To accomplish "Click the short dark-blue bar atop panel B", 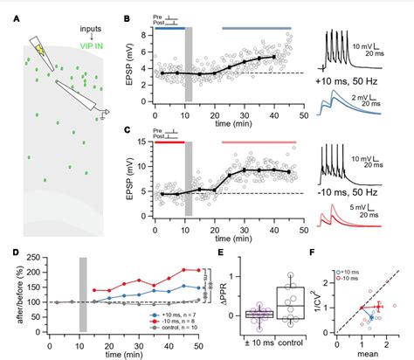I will [x=169, y=29].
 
